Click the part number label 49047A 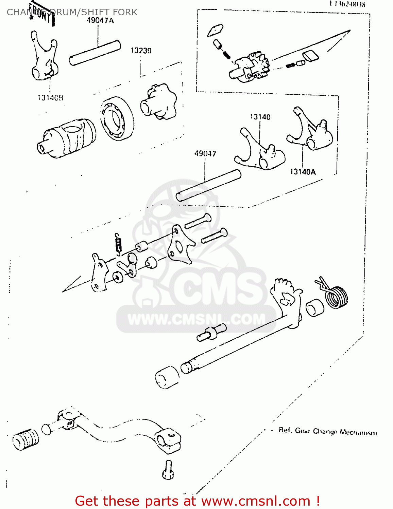click(100, 20)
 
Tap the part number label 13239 click(141, 51)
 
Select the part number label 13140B click(50, 98)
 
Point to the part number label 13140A click(303, 172)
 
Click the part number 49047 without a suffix click(205, 153)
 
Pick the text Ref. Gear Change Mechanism click(327, 431)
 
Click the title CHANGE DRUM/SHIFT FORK click(72, 12)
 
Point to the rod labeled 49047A click(95, 52)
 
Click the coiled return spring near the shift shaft click(336, 295)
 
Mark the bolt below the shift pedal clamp click(168, 469)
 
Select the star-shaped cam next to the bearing click(159, 102)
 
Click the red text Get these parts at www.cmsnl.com click(197, 501)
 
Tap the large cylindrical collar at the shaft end click(167, 377)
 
